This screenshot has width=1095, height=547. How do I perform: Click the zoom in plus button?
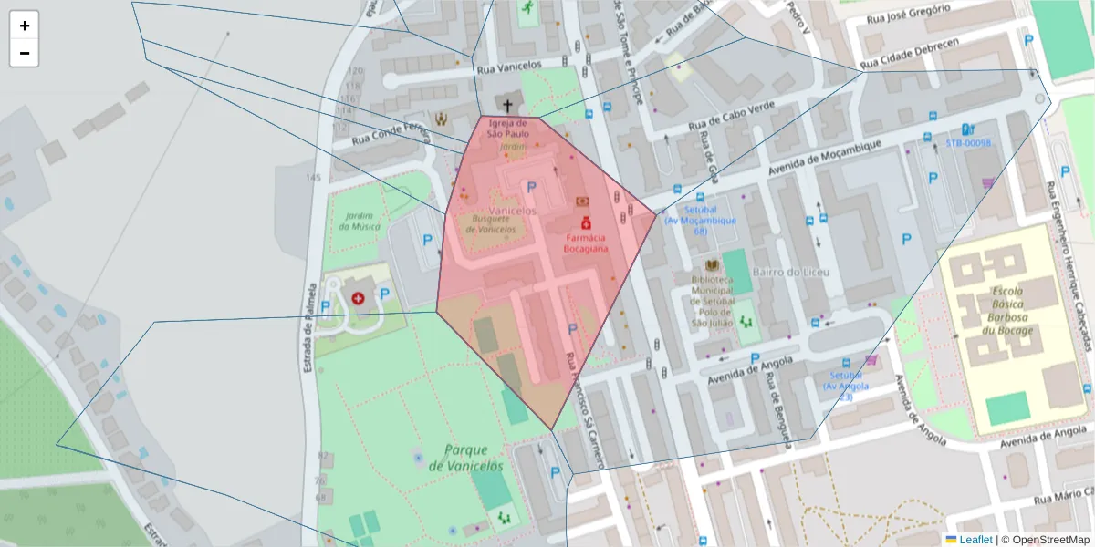(24, 26)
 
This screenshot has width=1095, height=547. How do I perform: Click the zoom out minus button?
(24, 53)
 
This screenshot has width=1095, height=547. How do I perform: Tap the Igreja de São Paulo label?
(508, 129)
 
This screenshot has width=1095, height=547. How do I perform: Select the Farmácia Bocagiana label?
(585, 242)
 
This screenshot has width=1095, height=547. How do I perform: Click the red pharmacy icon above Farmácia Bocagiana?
(585, 222)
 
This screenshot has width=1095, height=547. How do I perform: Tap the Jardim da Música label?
(357, 221)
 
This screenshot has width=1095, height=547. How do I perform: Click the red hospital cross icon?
(358, 297)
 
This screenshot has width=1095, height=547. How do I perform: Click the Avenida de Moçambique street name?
(825, 160)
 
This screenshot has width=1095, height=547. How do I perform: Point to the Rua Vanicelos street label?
(509, 67)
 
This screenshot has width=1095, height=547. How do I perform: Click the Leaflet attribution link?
(975, 539)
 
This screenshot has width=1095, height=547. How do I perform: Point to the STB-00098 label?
(967, 144)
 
